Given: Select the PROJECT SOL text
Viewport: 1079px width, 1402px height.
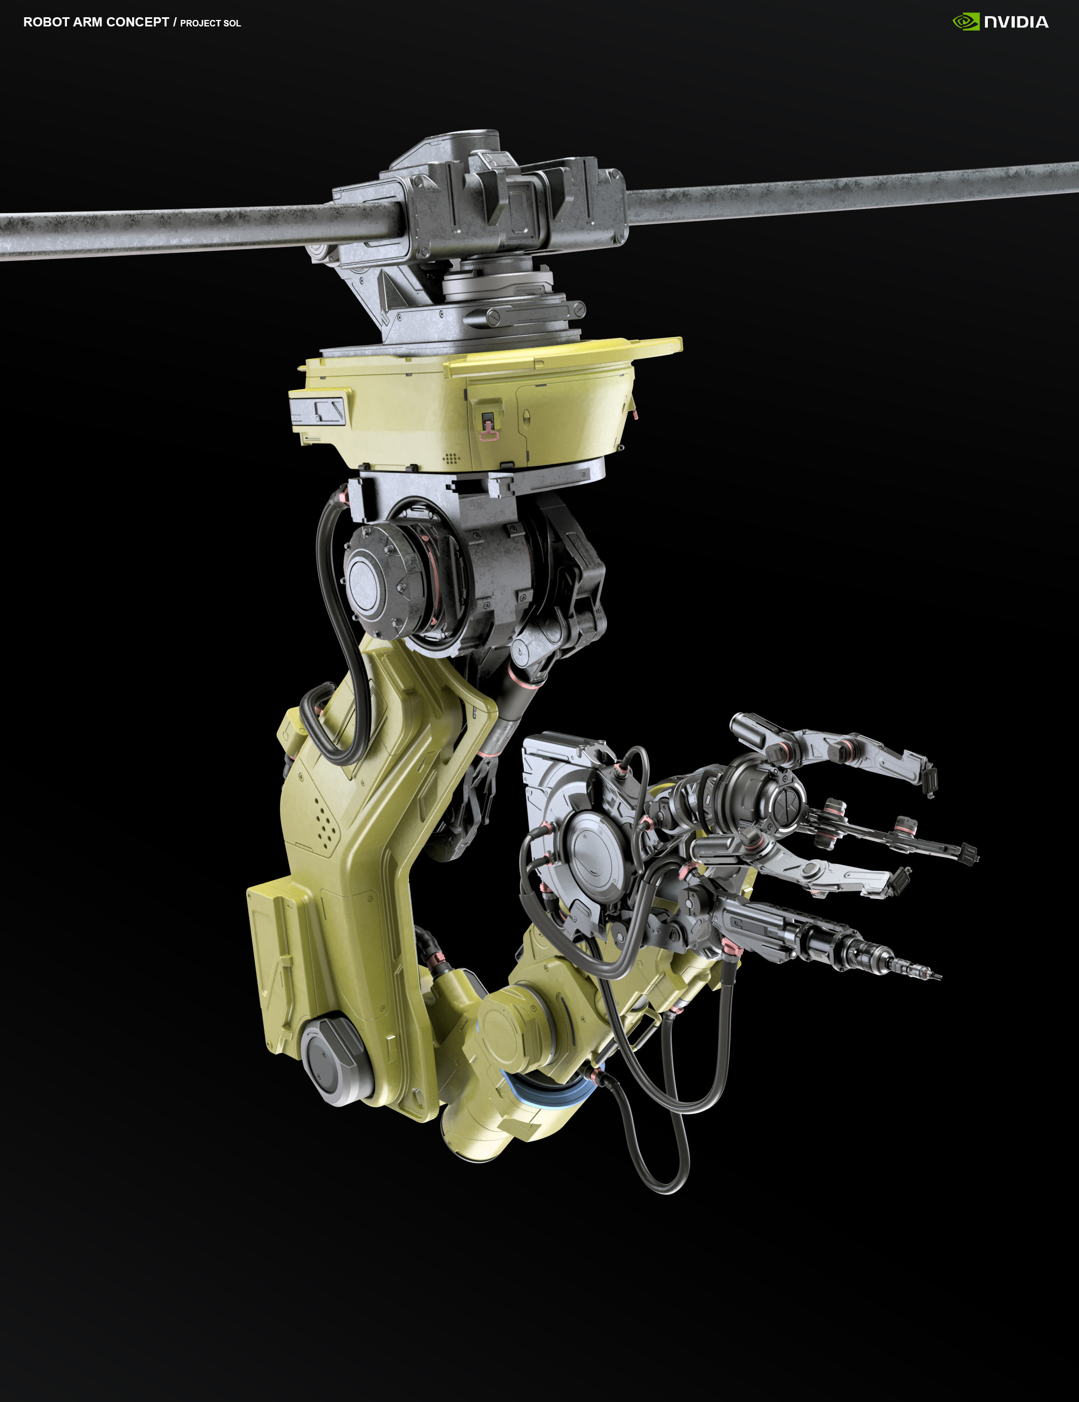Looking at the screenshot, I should point(210,23).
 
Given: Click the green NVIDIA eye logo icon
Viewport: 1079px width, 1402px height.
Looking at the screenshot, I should point(966,22).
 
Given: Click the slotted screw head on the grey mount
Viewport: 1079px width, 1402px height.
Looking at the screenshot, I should point(493,316).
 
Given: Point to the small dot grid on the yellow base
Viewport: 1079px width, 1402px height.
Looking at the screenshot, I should point(451,458).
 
